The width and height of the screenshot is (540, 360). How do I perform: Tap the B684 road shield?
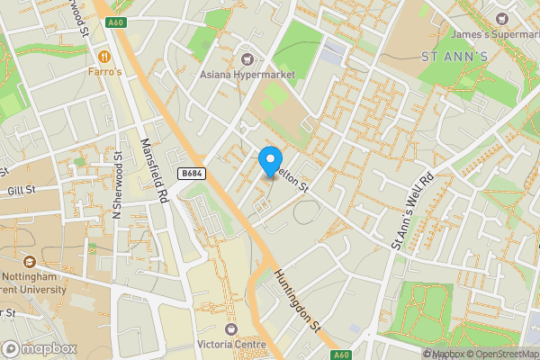click(189, 174)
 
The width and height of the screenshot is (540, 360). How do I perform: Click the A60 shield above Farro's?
click(114, 22)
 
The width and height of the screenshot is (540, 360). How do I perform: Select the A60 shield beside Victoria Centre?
click(341, 355)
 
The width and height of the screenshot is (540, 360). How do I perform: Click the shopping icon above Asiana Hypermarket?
click(241, 59)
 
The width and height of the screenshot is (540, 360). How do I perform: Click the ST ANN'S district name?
click(454, 56)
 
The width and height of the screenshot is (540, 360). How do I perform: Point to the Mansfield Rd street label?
click(155, 169)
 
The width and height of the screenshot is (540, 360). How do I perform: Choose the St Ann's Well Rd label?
click(413, 211)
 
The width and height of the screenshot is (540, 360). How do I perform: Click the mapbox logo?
click(40, 348)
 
